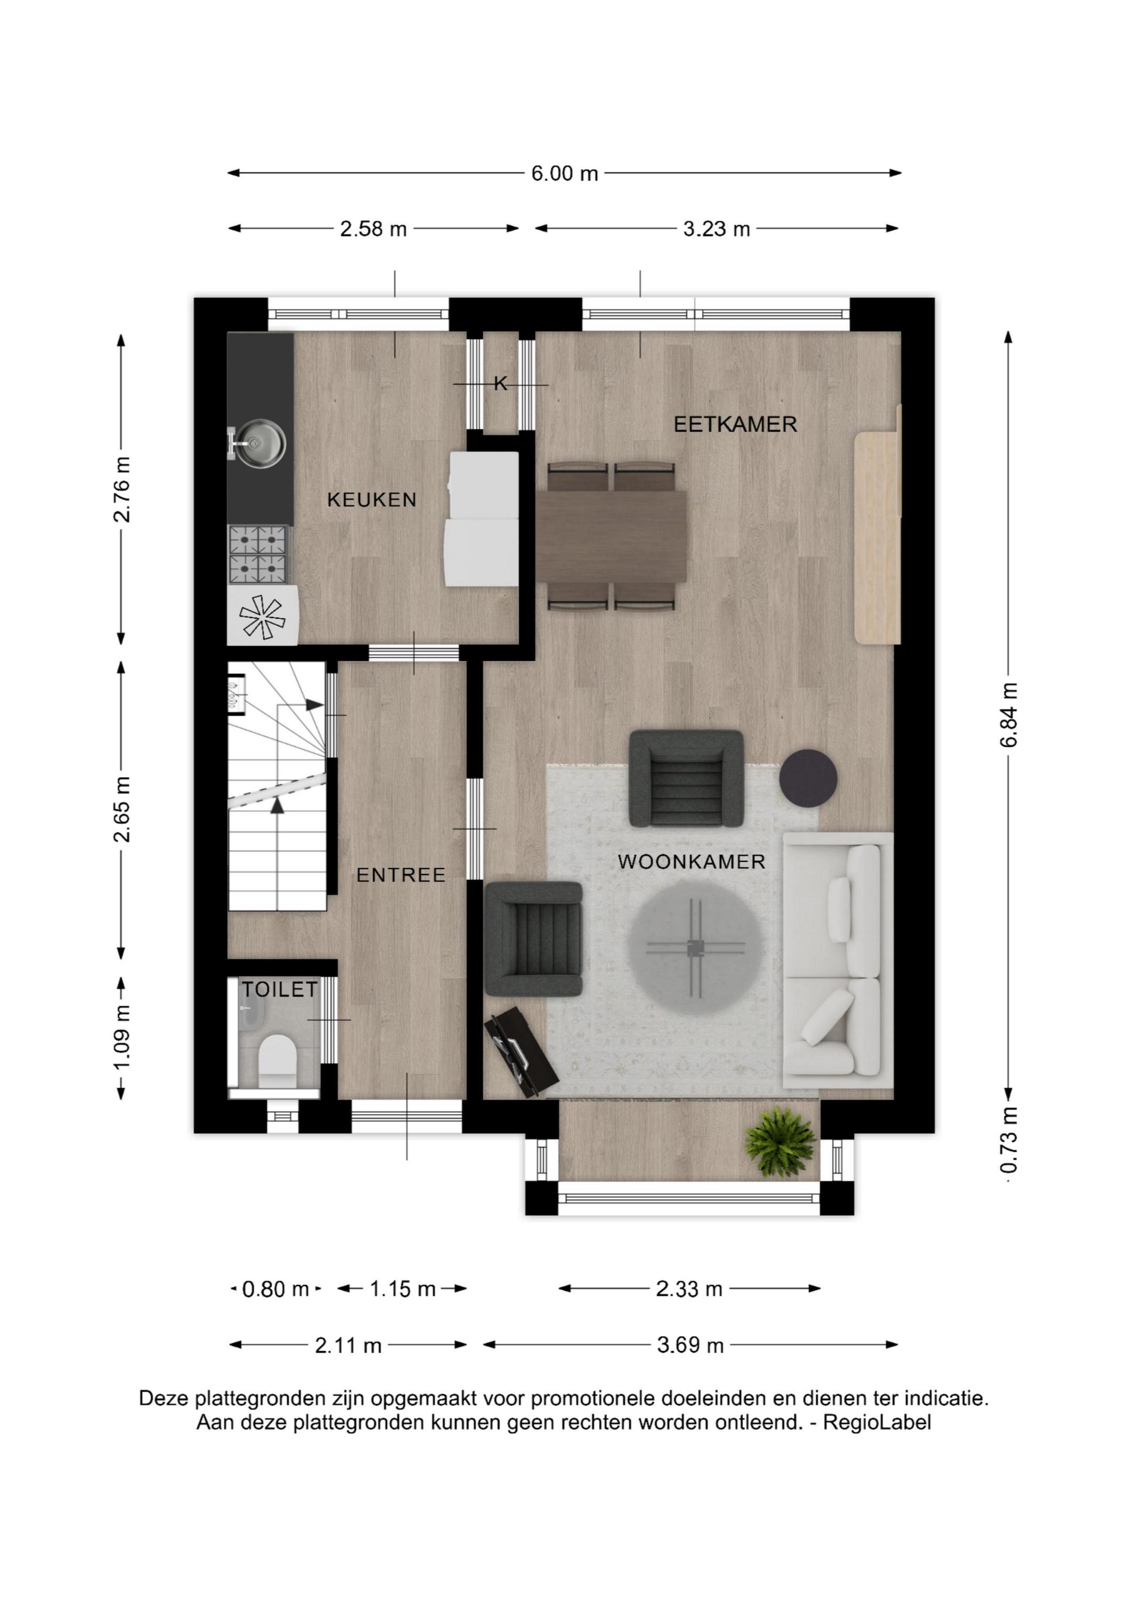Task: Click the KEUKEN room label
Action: click(372, 499)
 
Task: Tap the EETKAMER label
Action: click(735, 424)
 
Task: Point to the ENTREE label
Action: click(401, 875)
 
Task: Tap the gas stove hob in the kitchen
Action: click(258, 554)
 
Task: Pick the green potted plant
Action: click(780, 1143)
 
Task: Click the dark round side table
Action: click(808, 777)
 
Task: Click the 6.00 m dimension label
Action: click(565, 173)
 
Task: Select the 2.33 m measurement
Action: click(688, 1289)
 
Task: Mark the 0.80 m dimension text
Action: click(275, 1290)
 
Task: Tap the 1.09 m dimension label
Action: click(122, 1038)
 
